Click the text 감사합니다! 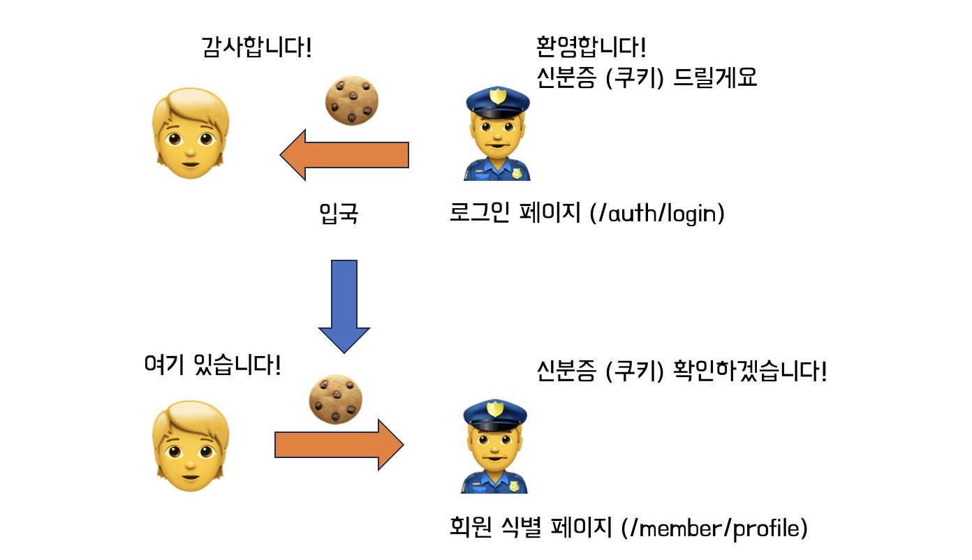tap(256, 48)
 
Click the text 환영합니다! tap(589, 47)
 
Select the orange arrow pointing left tap(344, 154)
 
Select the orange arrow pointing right tap(339, 445)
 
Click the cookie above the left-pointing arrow tap(352, 100)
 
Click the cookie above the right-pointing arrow tap(336, 398)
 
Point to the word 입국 tap(339, 214)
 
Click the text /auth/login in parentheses tap(657, 214)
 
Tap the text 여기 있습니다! tap(212, 364)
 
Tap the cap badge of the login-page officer tap(496, 96)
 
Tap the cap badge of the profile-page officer tap(495, 408)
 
